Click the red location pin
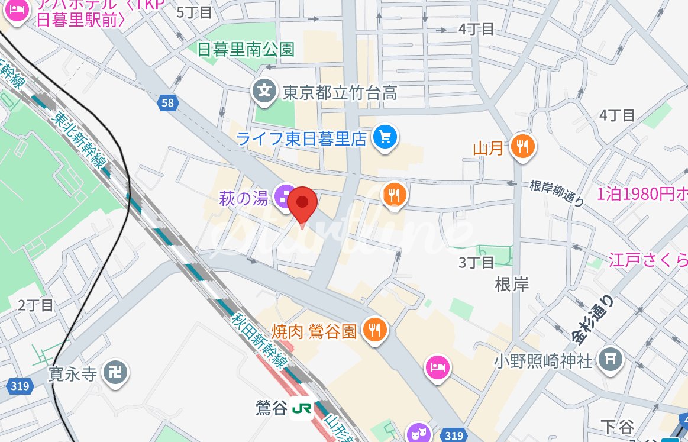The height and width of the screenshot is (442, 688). (302, 203)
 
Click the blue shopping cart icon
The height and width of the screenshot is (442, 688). (385, 138)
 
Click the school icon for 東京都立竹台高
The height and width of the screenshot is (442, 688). (266, 92)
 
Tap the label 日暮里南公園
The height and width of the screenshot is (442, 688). (246, 49)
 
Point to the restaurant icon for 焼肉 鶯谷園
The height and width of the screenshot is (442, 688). (374, 330)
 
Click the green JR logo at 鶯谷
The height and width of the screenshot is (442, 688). (302, 409)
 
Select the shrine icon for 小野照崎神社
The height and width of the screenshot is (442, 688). (610, 359)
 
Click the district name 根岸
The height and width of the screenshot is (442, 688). (512, 285)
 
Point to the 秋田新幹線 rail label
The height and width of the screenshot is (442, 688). (260, 340)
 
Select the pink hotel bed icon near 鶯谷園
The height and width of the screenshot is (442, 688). (437, 367)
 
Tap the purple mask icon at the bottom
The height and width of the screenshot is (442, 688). (419, 433)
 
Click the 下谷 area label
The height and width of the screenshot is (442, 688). (617, 426)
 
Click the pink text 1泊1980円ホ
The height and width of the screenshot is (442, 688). (642, 194)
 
